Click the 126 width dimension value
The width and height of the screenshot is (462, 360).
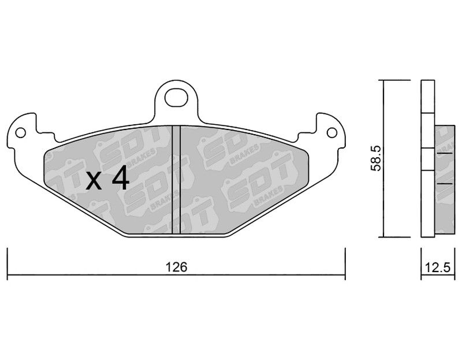(176, 267)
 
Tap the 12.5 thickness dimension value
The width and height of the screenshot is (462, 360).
(438, 268)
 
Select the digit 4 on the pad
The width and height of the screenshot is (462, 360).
(120, 177)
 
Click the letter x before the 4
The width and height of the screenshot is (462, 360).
(94, 180)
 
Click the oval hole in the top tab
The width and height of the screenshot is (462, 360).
(176, 97)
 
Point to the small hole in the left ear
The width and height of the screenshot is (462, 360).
(20, 133)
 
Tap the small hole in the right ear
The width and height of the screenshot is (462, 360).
(332, 133)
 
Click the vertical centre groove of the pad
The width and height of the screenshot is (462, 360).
(176, 180)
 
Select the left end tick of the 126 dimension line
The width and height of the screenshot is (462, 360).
(8, 263)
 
